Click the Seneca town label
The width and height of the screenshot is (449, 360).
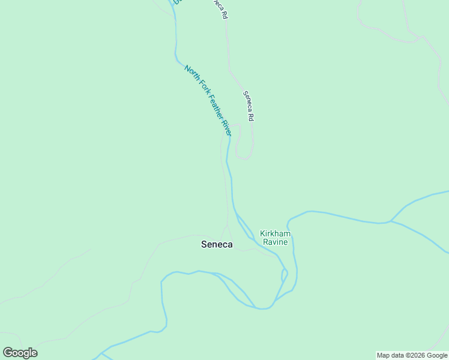pos(216,245)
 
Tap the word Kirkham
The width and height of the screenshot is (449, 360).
pos(274,233)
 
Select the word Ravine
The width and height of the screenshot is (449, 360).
pos(274,242)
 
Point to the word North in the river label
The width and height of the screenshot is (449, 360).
pos(191,73)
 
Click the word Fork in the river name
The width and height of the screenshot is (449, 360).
pos(201,88)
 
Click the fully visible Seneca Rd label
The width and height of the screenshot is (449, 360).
pos(249,106)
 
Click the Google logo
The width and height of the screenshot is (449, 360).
pos(20,353)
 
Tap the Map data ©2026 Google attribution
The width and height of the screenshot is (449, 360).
pos(412,355)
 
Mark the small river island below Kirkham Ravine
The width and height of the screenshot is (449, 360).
pos(285,275)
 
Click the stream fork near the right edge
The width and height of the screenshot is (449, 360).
pos(391,221)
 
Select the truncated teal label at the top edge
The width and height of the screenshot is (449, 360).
pos(177,2)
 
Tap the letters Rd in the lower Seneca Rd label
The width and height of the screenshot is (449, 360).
pos(252,117)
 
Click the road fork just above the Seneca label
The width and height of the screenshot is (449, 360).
pos(226,227)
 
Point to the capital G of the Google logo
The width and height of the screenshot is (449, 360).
pos(8,353)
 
